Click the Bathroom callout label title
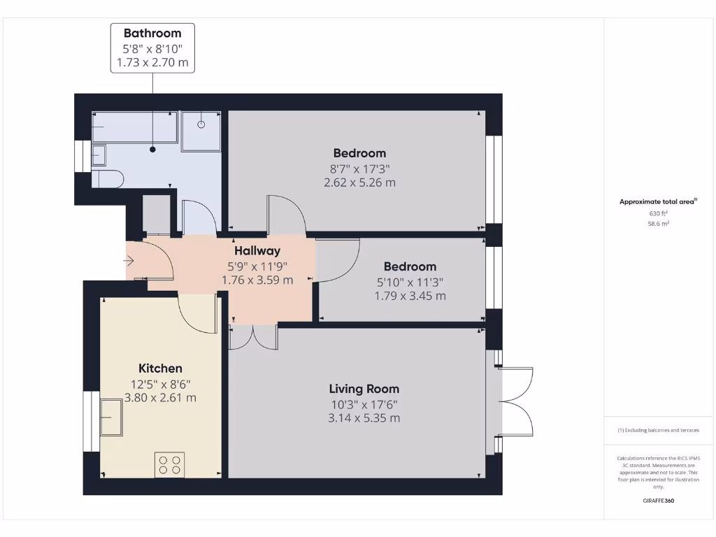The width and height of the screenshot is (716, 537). tap(152, 33)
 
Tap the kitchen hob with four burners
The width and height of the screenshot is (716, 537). tap(169, 464)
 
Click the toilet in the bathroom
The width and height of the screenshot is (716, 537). tap(107, 179)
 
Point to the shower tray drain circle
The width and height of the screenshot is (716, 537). tap(201, 125)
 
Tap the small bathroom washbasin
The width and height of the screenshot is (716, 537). tap(99, 155)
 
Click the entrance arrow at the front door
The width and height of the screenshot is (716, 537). tap(129, 261)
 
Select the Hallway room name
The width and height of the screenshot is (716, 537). tap(257, 250)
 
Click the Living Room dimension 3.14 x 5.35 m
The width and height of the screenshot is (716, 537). tap(364, 418)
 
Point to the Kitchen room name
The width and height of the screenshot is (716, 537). tap(160, 368)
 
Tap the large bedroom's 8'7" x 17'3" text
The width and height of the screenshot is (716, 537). tap(359, 169)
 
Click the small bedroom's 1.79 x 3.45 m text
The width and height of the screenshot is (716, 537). tap(410, 296)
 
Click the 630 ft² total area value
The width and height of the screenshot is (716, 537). tap(659, 214)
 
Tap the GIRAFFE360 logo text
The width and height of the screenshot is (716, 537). tap(659, 501)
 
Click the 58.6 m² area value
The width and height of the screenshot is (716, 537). tap(659, 224)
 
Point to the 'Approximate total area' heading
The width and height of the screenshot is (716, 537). tap(658, 201)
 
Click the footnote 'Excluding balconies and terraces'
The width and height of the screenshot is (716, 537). tap(658, 430)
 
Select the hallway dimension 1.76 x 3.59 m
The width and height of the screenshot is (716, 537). tap(257, 280)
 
